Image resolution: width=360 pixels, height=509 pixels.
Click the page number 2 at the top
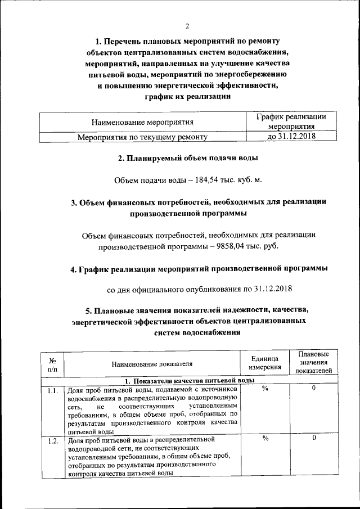[x=188, y=25]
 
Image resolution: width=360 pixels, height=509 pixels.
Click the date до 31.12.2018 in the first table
[x=291, y=136]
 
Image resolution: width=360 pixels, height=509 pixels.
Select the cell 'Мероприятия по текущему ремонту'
[x=142, y=137]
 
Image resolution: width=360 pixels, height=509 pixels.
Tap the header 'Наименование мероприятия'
[x=142, y=121]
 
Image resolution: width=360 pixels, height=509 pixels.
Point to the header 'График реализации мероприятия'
[x=291, y=121]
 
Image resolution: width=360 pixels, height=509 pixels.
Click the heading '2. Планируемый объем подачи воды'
[x=188, y=158]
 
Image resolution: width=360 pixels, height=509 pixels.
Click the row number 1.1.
[x=52, y=390]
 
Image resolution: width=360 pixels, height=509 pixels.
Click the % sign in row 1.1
[x=264, y=389]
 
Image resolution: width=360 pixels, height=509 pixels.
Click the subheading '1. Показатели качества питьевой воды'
[x=188, y=381]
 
